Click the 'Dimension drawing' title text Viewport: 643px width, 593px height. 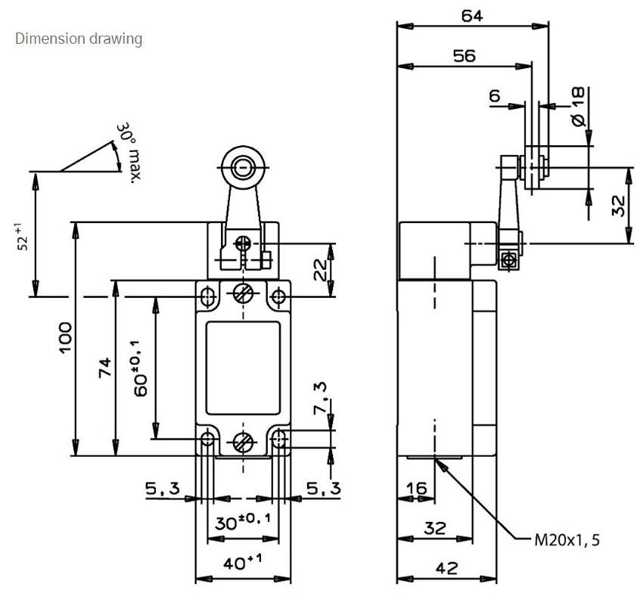point(79,39)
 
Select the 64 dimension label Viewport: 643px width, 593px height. point(472,16)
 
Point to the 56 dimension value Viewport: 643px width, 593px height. point(464,56)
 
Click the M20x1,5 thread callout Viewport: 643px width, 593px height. point(567,540)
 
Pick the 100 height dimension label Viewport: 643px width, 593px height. point(66,337)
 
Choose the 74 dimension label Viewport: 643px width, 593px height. point(104,368)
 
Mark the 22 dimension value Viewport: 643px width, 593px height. point(320,269)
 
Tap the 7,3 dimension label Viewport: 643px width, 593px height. point(320,397)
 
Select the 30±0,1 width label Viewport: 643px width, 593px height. point(243,522)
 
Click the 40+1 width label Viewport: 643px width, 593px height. point(242,562)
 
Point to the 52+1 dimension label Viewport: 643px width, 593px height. point(23,237)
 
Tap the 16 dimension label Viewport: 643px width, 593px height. point(416,489)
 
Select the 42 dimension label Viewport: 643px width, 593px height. point(446,568)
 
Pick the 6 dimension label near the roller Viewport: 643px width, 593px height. point(495,96)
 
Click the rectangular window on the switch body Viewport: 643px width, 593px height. point(243,368)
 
